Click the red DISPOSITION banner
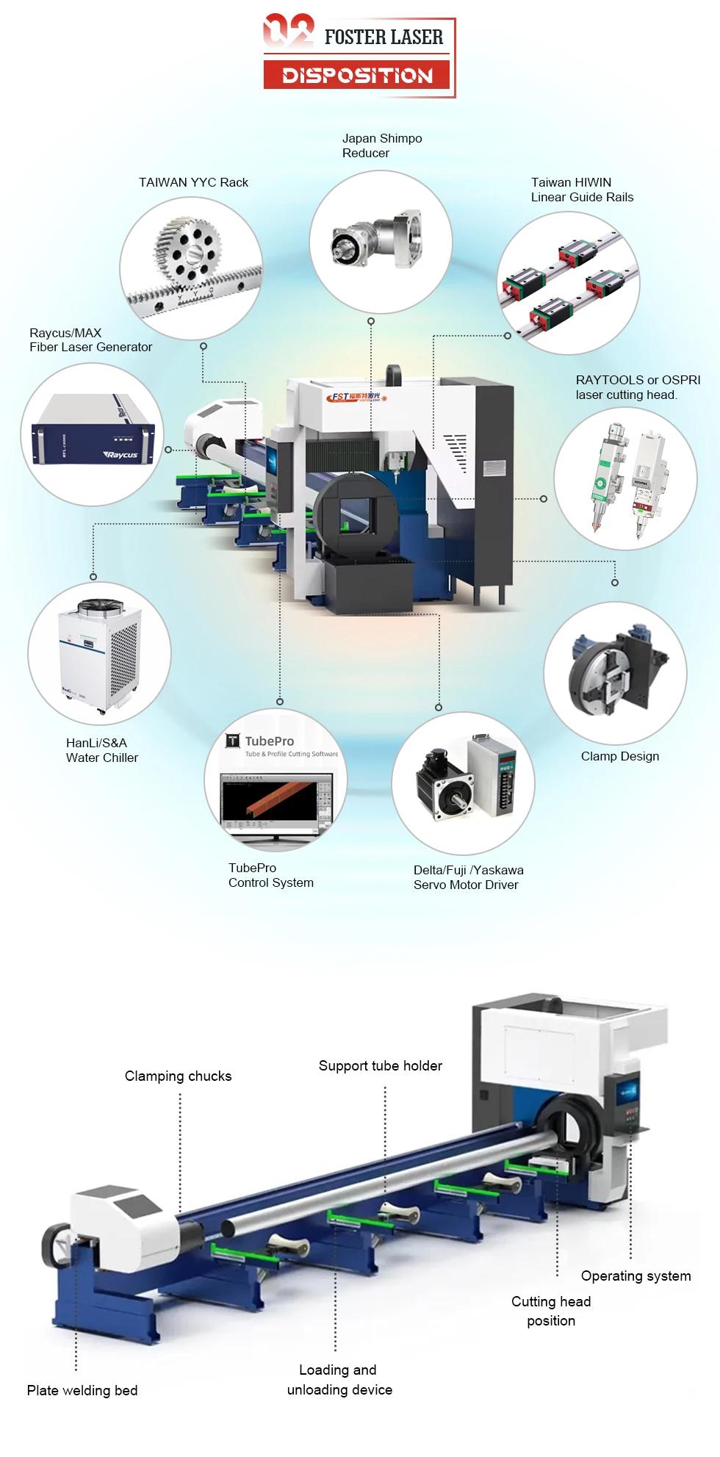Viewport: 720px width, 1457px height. pyautogui.click(x=357, y=75)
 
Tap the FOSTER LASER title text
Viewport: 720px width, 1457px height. pyautogui.click(x=384, y=37)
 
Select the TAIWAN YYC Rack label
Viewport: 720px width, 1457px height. pyautogui.click(x=193, y=182)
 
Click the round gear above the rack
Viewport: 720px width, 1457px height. pyautogui.click(x=188, y=252)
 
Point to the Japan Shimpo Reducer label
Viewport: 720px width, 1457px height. pyautogui.click(x=381, y=145)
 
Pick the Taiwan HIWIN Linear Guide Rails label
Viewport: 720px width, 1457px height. pyautogui.click(x=582, y=190)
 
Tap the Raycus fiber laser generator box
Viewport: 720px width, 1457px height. pyautogui.click(x=93, y=434)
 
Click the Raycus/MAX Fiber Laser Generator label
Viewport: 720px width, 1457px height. pyautogui.click(x=90, y=340)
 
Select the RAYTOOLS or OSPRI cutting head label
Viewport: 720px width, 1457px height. pyautogui.click(x=638, y=387)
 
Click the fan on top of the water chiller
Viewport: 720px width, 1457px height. pyautogui.click(x=101, y=606)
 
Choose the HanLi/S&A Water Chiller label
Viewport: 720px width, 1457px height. pyautogui.click(x=101, y=750)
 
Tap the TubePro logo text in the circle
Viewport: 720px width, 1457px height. pyautogui.click(x=269, y=741)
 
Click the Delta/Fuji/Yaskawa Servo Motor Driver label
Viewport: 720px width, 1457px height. pyautogui.click(x=468, y=877)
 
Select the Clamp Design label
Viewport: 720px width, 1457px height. pyautogui.click(x=619, y=756)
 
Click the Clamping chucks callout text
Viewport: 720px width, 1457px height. pyautogui.click(x=178, y=1076)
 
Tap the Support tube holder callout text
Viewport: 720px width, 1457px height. pyautogui.click(x=380, y=1065)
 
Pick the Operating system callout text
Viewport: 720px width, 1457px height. pyautogui.click(x=636, y=1276)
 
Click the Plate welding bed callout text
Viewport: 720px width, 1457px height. pyautogui.click(x=82, y=1390)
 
